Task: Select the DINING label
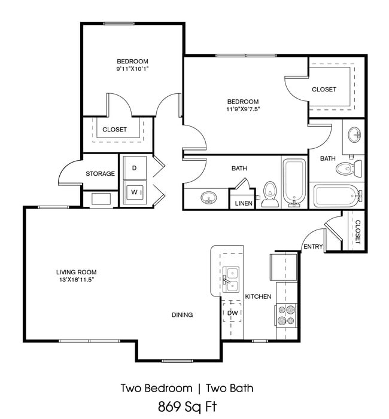[182, 315]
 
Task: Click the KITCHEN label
[259, 296]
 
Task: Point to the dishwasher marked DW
[232, 312]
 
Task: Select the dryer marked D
[134, 168]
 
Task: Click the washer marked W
[134, 192]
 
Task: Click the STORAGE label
[100, 174]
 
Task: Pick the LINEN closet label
[243, 203]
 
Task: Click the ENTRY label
[312, 246]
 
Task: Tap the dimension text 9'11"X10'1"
[132, 69]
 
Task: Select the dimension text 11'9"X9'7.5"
[242, 109]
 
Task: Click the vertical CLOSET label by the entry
[357, 231]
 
